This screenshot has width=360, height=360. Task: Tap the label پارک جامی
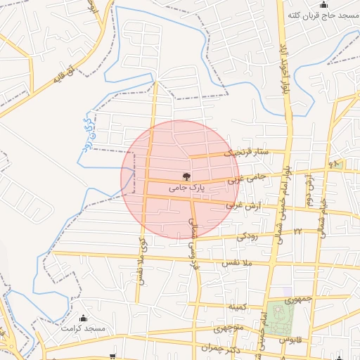click(x=186, y=188)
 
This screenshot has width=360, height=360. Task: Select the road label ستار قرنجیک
click(x=246, y=152)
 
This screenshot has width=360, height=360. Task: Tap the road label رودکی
click(x=247, y=236)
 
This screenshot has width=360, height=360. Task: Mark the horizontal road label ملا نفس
click(x=237, y=262)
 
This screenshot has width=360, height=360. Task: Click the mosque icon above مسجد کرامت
click(x=84, y=318)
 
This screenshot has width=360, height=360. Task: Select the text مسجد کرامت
click(x=83, y=328)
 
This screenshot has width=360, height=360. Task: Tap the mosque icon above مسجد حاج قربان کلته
click(x=324, y=5)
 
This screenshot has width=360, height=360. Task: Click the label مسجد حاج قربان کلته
click(x=323, y=15)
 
